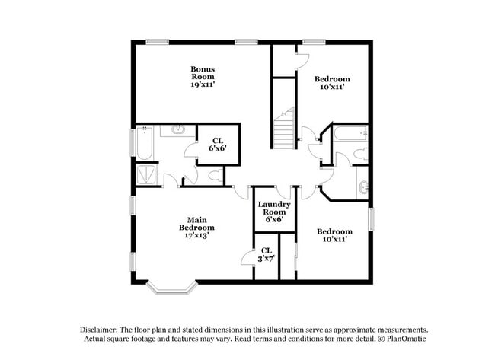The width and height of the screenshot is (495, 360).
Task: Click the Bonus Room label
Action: [203, 72]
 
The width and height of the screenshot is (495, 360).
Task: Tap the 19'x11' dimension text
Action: [203, 84]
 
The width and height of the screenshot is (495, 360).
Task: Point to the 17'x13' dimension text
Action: [196, 235]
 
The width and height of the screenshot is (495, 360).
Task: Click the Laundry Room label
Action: [270, 208]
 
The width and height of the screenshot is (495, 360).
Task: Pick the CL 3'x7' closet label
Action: [266, 254]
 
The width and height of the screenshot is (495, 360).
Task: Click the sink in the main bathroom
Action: [178, 130]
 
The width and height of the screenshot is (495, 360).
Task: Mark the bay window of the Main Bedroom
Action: [171, 288]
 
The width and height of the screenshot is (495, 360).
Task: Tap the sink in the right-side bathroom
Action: [362, 185]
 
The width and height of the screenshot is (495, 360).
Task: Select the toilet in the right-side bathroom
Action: [359, 156]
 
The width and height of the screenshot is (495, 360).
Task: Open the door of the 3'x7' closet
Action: [247, 259]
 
